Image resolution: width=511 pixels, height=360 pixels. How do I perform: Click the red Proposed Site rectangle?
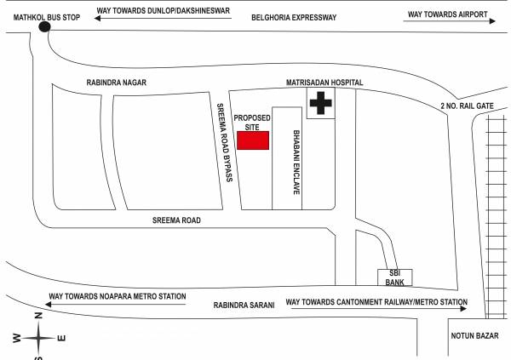253,140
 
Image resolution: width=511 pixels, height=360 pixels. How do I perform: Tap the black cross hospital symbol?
320,104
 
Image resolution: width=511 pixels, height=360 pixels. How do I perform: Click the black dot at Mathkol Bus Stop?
44,26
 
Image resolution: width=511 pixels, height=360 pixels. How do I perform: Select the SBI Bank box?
395,277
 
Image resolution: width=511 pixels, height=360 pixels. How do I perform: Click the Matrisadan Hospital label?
324,83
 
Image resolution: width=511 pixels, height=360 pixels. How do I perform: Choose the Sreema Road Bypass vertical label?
224,142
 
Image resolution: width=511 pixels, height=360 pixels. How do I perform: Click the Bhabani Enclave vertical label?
296,163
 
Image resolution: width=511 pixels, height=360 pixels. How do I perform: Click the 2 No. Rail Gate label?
467,105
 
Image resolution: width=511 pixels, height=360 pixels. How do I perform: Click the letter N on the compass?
38,316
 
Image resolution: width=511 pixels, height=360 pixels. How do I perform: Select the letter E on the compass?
60,339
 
